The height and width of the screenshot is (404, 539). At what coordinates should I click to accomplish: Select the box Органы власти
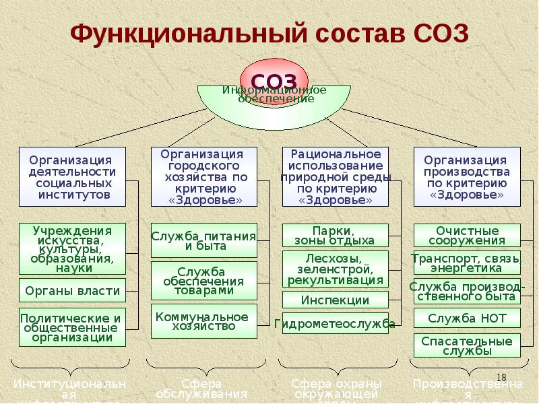click(72, 291)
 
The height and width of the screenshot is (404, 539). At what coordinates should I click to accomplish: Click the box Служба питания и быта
click(203, 240)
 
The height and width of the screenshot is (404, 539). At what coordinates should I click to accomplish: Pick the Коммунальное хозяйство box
click(203, 321)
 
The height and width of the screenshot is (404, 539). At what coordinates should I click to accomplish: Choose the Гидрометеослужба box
click(335, 324)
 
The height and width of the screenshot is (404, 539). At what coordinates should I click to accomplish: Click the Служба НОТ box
click(466, 318)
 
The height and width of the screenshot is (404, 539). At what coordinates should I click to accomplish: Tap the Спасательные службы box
click(466, 345)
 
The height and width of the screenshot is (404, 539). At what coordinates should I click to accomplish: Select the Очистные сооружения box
click(466, 236)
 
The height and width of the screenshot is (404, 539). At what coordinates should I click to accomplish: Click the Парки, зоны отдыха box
click(335, 236)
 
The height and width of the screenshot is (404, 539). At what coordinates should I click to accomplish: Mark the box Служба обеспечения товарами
click(203, 281)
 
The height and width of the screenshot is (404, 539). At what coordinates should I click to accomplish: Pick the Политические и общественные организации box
click(72, 327)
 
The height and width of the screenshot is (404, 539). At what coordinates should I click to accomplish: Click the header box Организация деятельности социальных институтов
click(72, 176)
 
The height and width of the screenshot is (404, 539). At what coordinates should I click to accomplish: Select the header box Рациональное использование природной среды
click(335, 176)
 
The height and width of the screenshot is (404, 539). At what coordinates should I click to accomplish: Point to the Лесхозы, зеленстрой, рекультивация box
click(335, 269)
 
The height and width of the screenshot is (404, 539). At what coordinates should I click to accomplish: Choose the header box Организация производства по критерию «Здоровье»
click(466, 176)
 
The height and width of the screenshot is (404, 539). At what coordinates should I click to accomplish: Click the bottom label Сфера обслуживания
click(201, 389)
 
